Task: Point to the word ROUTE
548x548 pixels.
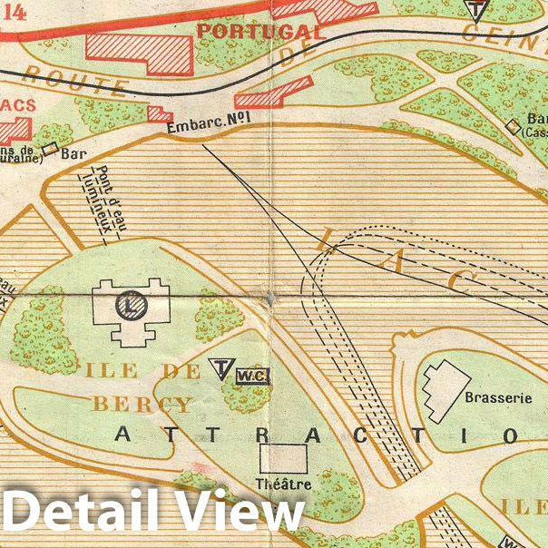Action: [x=77, y=81]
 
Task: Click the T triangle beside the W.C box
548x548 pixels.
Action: [x=220, y=367]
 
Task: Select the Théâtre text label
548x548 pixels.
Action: [x=284, y=484]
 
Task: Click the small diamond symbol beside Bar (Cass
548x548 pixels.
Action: [x=514, y=126]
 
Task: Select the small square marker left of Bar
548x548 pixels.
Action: [x=50, y=147]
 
